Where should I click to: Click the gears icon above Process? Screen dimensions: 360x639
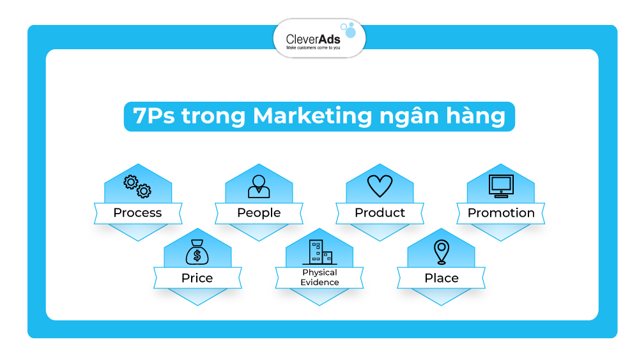click(x=137, y=186)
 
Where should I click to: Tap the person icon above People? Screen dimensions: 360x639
click(x=259, y=186)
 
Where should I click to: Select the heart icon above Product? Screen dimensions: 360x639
click(x=380, y=186)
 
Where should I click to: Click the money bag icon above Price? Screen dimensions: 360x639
click(x=197, y=253)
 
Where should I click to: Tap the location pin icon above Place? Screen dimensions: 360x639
click(x=441, y=252)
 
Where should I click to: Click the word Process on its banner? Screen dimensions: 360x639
click(x=137, y=213)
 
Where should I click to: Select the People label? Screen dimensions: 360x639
click(x=259, y=213)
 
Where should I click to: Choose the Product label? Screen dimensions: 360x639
click(x=380, y=213)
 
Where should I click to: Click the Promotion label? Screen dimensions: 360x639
click(x=501, y=213)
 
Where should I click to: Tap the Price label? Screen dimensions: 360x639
click(x=197, y=278)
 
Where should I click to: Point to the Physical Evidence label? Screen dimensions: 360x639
click(x=320, y=278)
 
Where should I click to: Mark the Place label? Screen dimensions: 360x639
click(x=442, y=278)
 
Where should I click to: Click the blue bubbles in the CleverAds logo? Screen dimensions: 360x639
click(x=348, y=30)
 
